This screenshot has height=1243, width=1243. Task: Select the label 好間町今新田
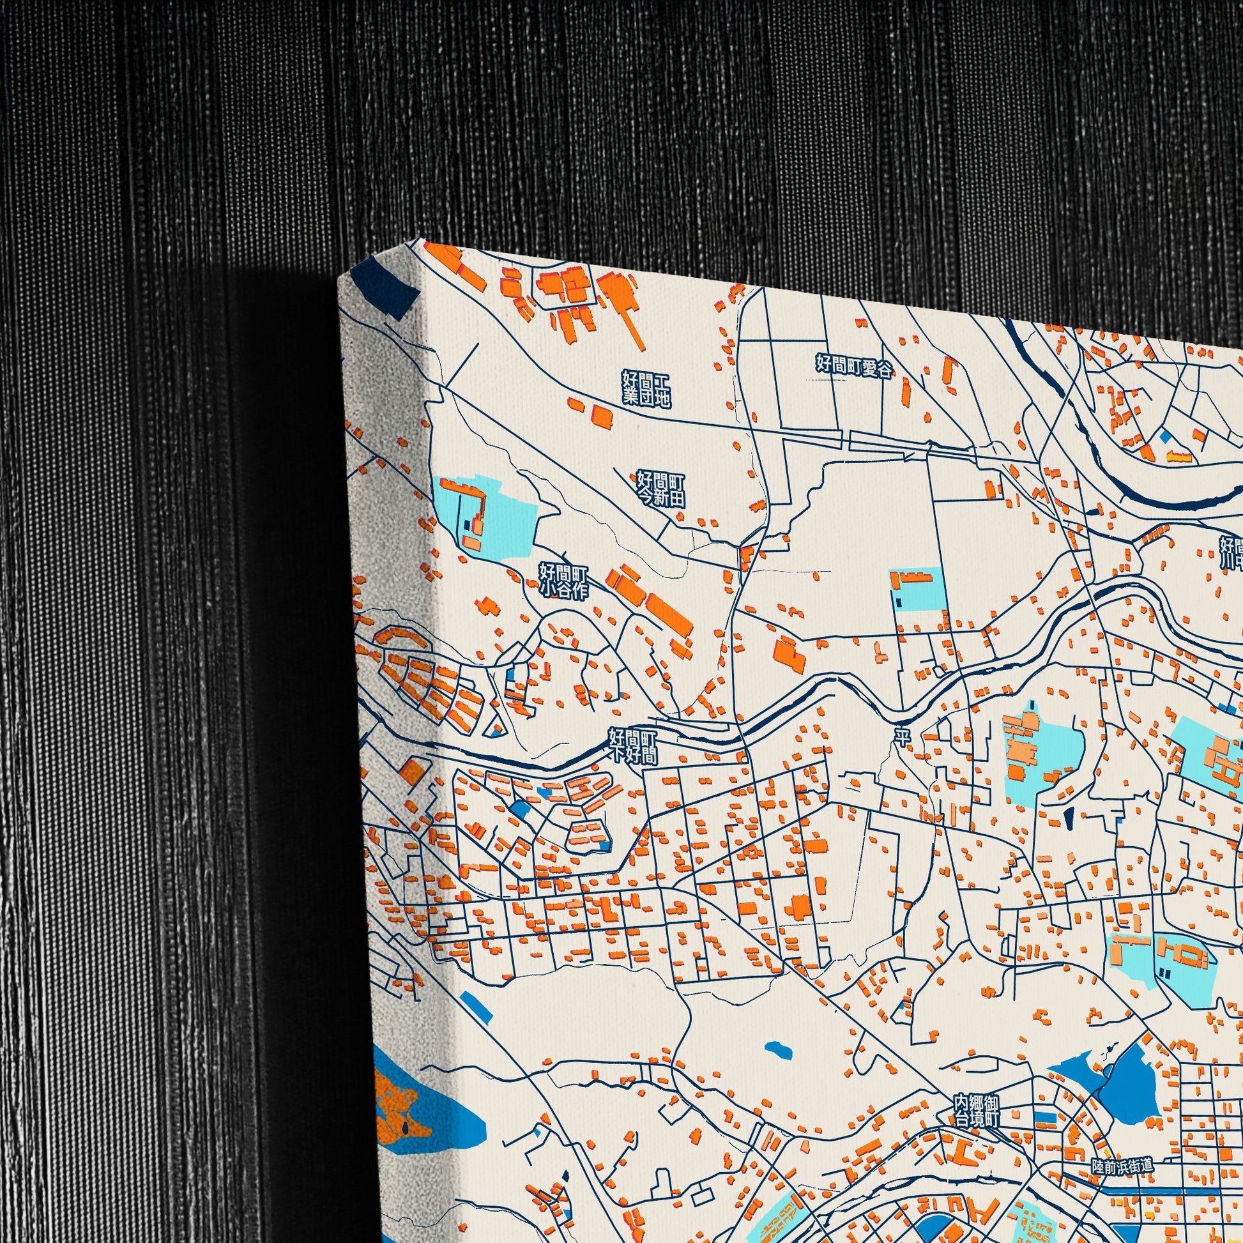pos(660,489)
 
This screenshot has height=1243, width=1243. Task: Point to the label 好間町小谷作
pos(563,581)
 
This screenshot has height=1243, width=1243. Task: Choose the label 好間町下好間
pos(634,746)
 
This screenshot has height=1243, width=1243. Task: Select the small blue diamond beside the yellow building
pos(1165,437)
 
